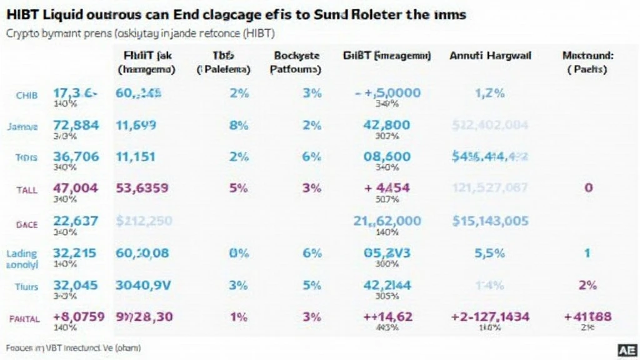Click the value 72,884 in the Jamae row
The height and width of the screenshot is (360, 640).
76,125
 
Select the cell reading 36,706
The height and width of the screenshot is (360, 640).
76,157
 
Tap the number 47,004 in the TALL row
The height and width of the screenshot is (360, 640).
76,187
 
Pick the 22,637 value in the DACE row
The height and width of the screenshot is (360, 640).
76,221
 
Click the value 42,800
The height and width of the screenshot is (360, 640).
387,125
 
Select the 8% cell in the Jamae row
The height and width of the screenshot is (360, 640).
239,125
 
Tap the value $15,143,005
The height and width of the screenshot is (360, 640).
490,221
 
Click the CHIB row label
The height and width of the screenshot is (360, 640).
27,95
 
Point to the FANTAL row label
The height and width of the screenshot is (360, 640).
24,318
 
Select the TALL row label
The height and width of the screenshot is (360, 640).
26,188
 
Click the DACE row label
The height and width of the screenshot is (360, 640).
26,222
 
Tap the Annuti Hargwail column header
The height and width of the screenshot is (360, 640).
490,56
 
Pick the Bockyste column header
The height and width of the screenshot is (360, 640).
295,56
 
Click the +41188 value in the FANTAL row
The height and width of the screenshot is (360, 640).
587,317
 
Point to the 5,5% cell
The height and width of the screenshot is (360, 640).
490,253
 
